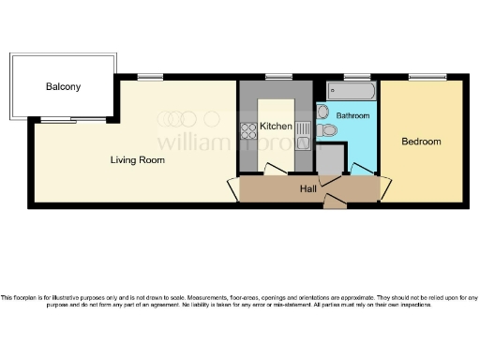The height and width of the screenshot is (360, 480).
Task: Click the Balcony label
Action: tap(63, 87)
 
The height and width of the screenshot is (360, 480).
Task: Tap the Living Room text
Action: tap(138, 160)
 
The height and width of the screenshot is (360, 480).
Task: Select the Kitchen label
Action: tap(276, 126)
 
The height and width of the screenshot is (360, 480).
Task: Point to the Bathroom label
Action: tap(353, 115)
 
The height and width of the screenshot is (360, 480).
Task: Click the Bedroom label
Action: tap(421, 142)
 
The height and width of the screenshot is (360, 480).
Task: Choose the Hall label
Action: tap(307, 188)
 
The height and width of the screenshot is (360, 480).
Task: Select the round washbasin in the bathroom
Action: tap(322, 110)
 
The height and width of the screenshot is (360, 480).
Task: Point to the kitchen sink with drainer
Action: tap(303, 137)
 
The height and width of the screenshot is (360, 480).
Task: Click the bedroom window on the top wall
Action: tap(422, 77)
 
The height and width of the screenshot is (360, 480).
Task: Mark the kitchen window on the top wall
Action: tap(277, 77)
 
